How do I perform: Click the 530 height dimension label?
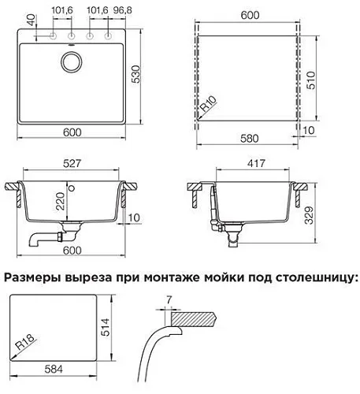[135, 74]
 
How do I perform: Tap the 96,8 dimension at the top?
[123, 10]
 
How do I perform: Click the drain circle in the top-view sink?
[72, 62]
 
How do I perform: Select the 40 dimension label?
[31, 20]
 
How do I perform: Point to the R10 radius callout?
[209, 103]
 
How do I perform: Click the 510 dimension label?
[310, 80]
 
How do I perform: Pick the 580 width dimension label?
[250, 139]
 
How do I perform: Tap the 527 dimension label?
[72, 163]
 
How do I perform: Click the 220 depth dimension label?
[60, 201]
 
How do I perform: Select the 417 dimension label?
[256, 163]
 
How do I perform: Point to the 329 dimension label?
[309, 215]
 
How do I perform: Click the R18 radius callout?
[25, 342]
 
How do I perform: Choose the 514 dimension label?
[105, 327]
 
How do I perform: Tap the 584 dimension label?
[54, 370]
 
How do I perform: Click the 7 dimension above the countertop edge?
[169, 299]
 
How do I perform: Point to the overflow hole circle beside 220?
[72, 188]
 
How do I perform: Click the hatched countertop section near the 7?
[194, 318]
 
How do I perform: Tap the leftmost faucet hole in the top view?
[54, 36]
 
